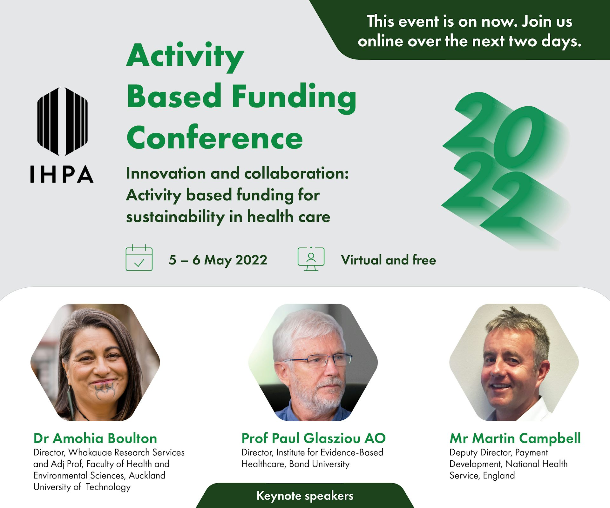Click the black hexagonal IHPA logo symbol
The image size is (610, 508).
pyautogui.click(x=62, y=122)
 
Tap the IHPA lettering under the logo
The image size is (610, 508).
pyautogui.click(x=62, y=174)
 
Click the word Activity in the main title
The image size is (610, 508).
pyautogui.click(x=185, y=57)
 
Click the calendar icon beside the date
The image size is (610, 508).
pyautogui.click(x=139, y=258)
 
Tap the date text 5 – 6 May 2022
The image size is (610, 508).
pyautogui.click(x=218, y=260)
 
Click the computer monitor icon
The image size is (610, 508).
pyautogui.click(x=311, y=259)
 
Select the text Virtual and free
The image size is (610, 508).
pyautogui.click(x=389, y=260)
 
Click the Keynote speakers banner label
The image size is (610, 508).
pyautogui.click(x=305, y=496)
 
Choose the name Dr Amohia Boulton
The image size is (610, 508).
pyautogui.click(x=95, y=438)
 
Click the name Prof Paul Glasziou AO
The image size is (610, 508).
pyautogui.click(x=314, y=438)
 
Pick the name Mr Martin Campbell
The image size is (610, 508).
pyautogui.click(x=515, y=438)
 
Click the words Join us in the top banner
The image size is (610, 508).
pyautogui.click(x=547, y=22)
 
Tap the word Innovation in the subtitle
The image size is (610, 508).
pyautogui.click(x=166, y=173)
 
